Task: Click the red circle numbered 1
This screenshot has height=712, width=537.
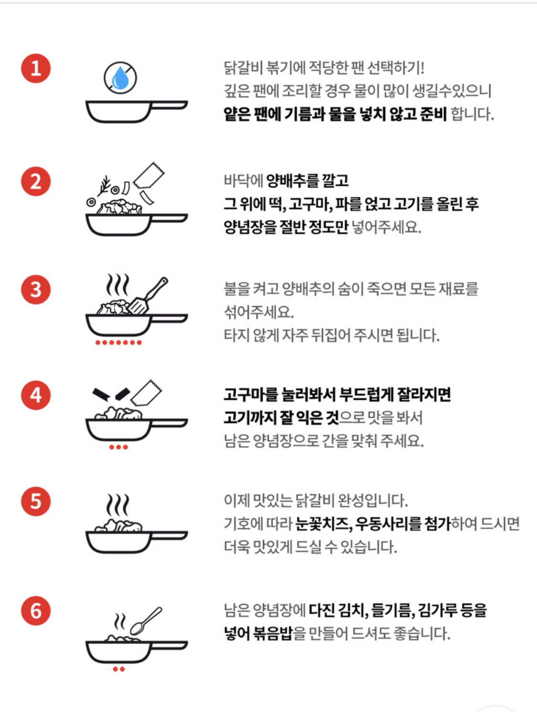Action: [x=36, y=68]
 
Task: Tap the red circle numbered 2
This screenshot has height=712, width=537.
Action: [x=36, y=181]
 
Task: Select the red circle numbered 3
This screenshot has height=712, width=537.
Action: [x=36, y=290]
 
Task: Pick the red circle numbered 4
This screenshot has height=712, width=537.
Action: [x=36, y=395]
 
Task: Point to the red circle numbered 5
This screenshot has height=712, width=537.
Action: [x=36, y=501]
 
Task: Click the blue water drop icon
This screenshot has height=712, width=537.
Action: [x=120, y=79]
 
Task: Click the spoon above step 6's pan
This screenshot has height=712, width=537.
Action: [x=146, y=621]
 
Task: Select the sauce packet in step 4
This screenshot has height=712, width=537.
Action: [x=147, y=392]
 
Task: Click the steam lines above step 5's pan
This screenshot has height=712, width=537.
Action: [x=118, y=504]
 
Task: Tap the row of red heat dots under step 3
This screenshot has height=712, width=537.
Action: [x=118, y=343]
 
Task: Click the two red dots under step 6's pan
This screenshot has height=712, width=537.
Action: [x=119, y=669]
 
